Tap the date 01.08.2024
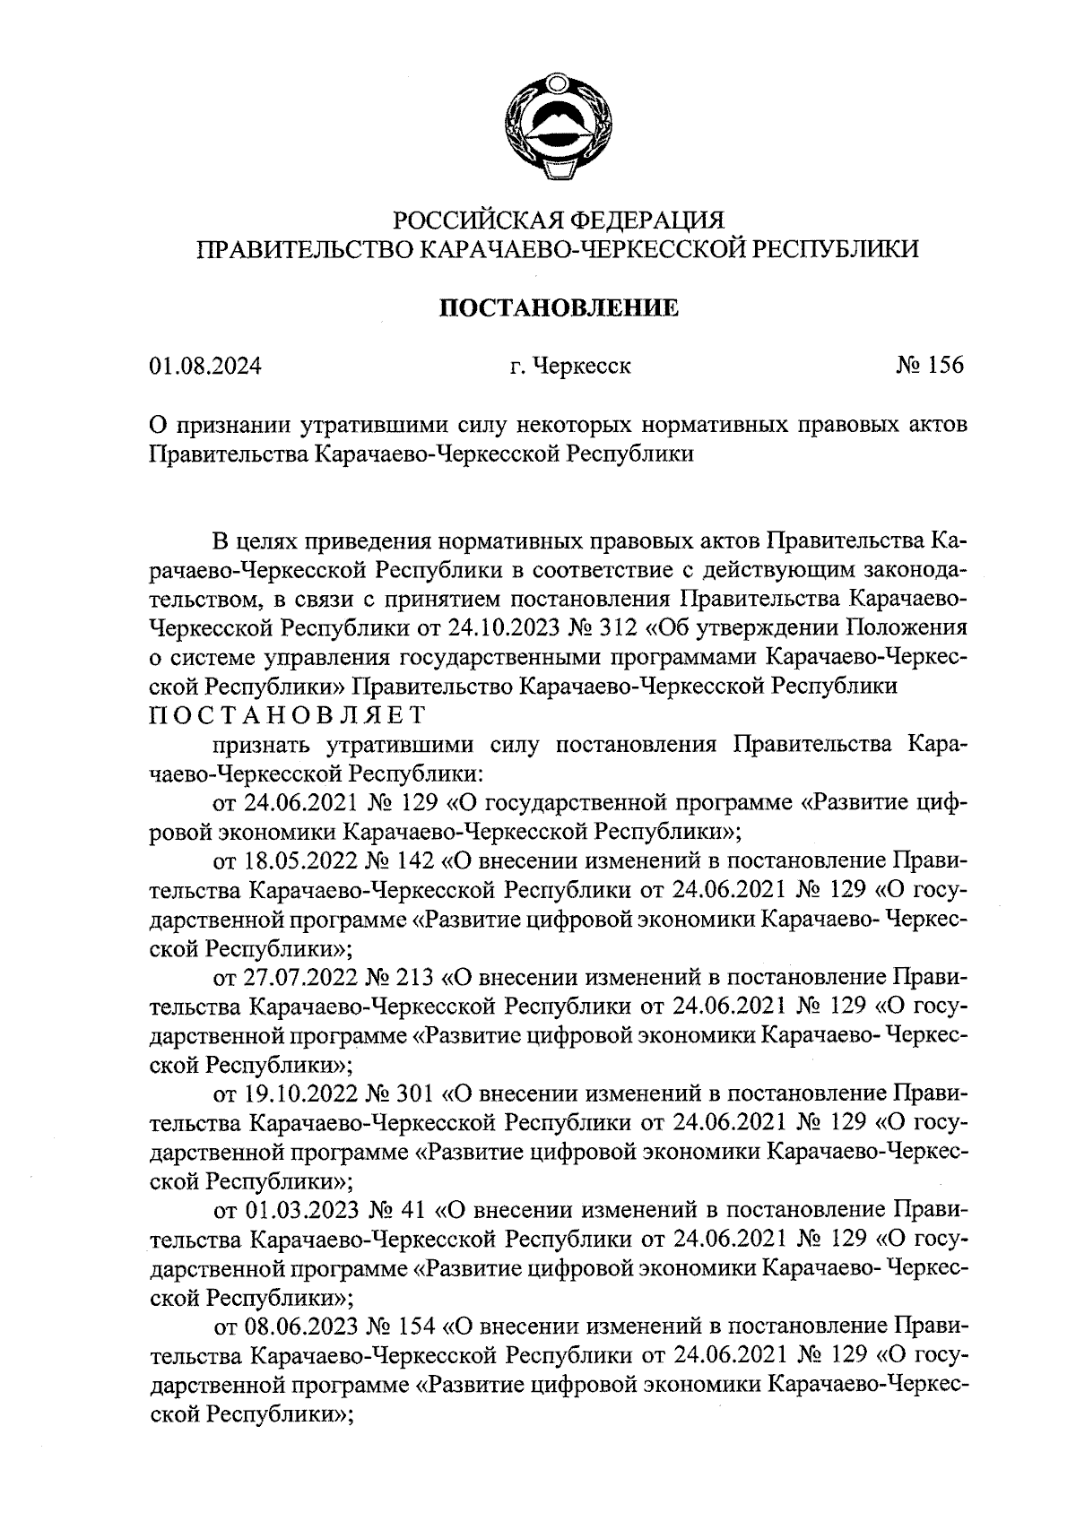pyautogui.click(x=205, y=367)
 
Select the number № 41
pyautogui.click(x=395, y=1210)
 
